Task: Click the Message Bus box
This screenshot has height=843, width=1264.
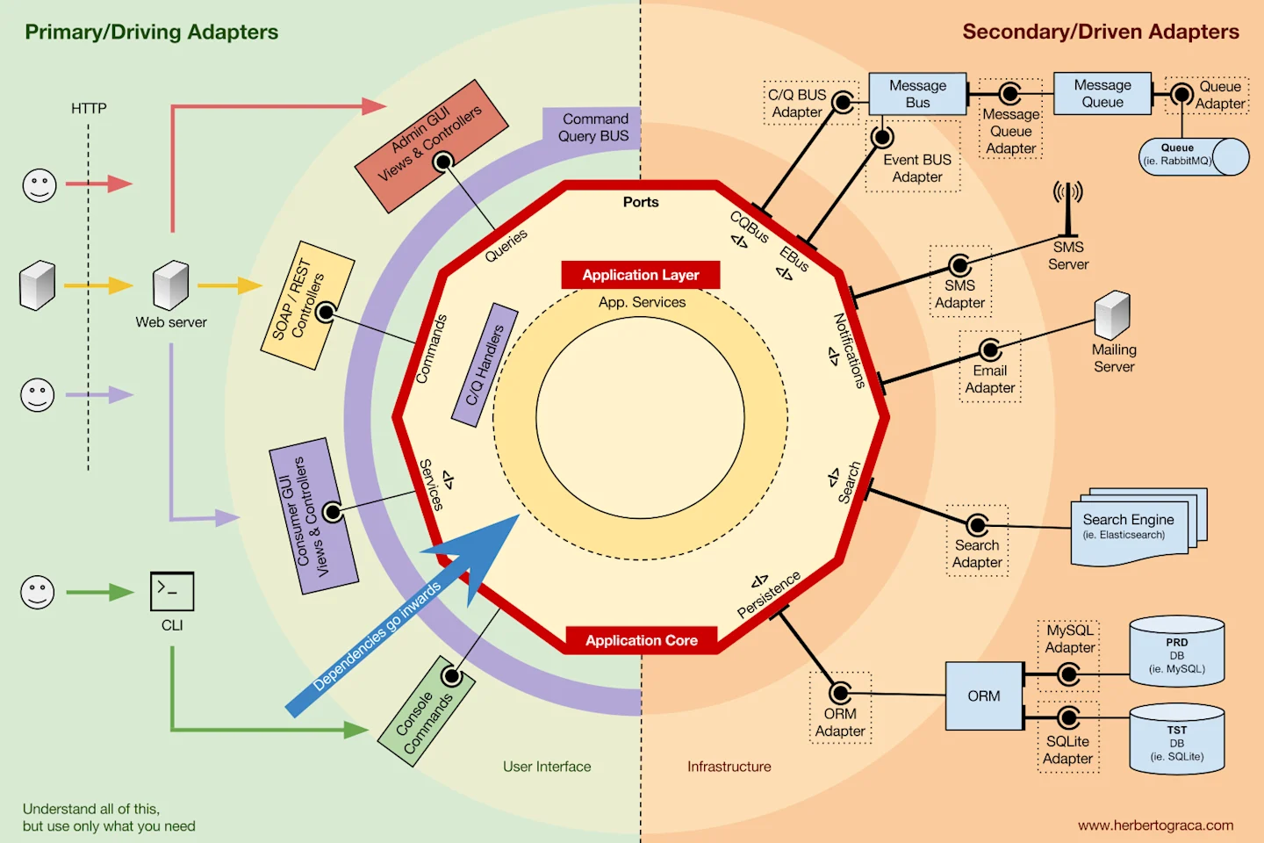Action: (x=917, y=94)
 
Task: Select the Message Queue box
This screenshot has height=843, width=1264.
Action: (x=1102, y=93)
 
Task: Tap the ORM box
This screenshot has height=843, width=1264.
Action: (x=984, y=695)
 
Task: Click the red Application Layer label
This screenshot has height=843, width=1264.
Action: (x=641, y=275)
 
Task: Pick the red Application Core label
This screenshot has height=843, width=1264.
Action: (x=642, y=640)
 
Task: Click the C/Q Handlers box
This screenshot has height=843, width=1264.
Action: (x=485, y=364)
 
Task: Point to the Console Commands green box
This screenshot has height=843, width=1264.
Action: (x=426, y=711)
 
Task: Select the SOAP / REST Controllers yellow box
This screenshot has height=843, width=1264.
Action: (x=307, y=306)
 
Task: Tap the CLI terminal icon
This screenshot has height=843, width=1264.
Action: (x=172, y=591)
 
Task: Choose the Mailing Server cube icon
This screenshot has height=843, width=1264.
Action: (x=1112, y=315)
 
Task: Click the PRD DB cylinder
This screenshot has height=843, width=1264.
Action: (x=1176, y=651)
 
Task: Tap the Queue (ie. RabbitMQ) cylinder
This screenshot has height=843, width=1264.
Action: (x=1194, y=156)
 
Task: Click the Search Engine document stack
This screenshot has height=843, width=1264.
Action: (x=1138, y=526)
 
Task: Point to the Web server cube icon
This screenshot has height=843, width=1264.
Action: (x=171, y=285)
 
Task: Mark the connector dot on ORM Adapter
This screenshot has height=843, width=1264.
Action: (x=840, y=693)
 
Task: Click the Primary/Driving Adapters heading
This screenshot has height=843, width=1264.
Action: (x=151, y=32)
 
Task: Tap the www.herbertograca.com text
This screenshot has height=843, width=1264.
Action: (x=1156, y=825)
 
